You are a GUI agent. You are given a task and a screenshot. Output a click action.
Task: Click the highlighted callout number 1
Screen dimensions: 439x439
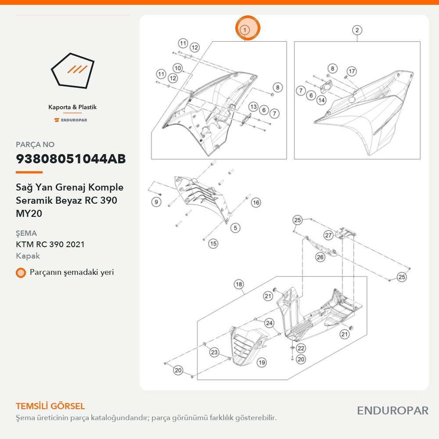coord(245,30)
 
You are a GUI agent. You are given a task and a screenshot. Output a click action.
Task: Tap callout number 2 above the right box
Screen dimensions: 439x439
coord(356,30)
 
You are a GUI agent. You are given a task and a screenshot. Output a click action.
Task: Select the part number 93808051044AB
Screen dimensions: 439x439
coord(71,159)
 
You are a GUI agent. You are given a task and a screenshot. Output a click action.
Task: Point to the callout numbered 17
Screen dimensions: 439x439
coord(352,72)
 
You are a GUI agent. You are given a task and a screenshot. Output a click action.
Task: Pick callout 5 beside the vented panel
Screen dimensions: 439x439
coord(235,228)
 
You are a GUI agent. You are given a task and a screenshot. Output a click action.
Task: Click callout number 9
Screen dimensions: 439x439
coord(156,202)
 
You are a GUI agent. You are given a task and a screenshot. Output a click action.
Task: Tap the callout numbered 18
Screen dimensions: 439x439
coord(238,284)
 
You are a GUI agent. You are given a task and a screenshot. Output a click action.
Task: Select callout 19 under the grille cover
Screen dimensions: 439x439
coord(262,363)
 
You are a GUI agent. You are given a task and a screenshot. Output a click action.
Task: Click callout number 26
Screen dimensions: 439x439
coord(320,257)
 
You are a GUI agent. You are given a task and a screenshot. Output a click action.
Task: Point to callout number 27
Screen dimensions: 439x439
coord(328,235)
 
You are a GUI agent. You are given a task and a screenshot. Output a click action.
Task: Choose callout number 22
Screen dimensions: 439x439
coord(301,348)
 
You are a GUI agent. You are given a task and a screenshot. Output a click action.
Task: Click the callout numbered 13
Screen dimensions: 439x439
coord(253,107)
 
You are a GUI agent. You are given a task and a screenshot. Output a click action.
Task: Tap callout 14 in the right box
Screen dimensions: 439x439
coord(321,100)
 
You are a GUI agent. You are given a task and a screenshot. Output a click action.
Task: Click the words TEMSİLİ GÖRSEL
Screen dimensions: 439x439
coord(50,406)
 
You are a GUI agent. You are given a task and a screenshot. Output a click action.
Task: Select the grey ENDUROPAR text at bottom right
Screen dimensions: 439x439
coord(392,410)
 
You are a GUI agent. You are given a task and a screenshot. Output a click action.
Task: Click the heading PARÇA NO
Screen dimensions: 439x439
coord(35,144)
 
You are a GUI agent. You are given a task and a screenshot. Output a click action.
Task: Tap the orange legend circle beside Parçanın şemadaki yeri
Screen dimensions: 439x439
coord(21,273)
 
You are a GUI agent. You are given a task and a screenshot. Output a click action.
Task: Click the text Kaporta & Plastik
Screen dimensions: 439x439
coord(72,107)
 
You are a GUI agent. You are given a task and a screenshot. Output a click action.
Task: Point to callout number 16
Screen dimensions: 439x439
coord(256,203)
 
